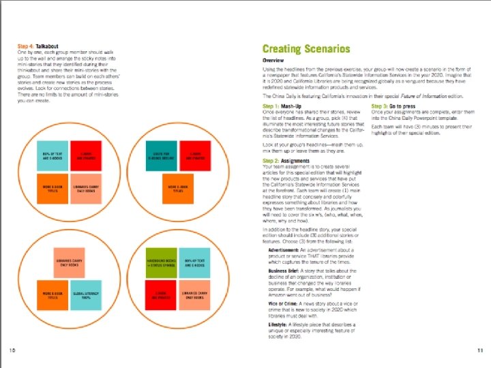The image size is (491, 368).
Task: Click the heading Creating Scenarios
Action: point(306,49)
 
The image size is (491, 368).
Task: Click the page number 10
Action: point(12,350)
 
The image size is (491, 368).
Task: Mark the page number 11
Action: point(479,350)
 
